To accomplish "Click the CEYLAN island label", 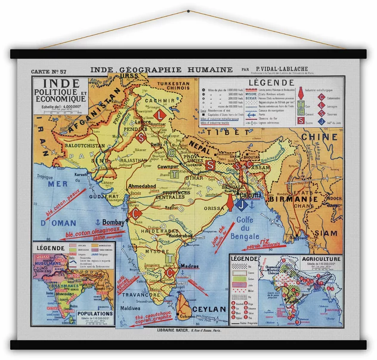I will point(209,309).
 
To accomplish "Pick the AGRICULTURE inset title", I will point(321,259).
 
